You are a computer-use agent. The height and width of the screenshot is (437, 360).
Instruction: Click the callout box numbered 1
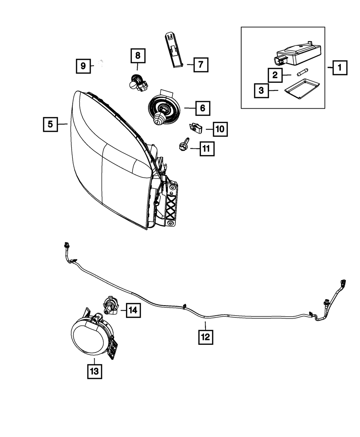click(x=339, y=67)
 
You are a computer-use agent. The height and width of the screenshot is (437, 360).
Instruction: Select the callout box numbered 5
click(x=50, y=124)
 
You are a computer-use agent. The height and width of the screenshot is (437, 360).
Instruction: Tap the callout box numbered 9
click(x=83, y=66)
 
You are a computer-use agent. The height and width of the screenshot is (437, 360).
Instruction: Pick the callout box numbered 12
click(x=205, y=337)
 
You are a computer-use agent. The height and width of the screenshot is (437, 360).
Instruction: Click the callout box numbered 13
click(x=94, y=371)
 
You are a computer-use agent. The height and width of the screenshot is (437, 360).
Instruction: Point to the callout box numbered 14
click(x=133, y=310)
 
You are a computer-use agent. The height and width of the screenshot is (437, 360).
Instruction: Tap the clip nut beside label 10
click(x=195, y=127)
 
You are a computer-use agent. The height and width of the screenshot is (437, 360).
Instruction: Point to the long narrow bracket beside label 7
click(x=174, y=49)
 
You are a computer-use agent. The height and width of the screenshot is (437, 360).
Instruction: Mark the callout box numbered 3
click(x=261, y=90)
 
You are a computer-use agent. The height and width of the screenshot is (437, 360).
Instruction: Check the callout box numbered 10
click(x=220, y=129)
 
